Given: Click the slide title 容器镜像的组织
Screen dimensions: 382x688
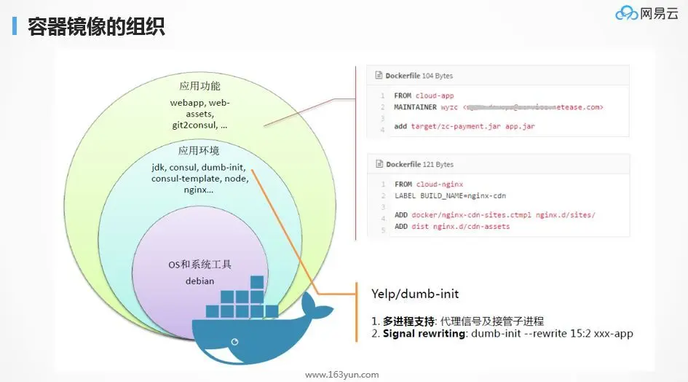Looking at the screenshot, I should click(x=96, y=28).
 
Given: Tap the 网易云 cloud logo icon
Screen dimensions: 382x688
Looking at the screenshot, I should click(x=625, y=14).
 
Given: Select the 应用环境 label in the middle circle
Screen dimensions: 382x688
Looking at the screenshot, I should click(x=199, y=151).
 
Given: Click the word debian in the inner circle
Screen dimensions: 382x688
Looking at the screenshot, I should click(x=199, y=281).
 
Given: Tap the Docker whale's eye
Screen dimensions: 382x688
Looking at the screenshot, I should click(x=234, y=340).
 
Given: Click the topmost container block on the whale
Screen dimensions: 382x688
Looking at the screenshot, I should click(x=256, y=282).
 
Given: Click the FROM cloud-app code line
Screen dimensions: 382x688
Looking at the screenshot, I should click(x=423, y=95).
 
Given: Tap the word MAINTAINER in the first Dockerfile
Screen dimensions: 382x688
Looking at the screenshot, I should click(x=416, y=107).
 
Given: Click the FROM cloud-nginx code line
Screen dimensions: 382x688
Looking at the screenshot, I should click(x=428, y=184).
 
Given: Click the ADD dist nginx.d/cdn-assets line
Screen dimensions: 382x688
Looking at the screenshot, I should click(x=452, y=227).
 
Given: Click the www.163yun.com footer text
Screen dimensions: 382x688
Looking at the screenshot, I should click(x=342, y=375).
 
